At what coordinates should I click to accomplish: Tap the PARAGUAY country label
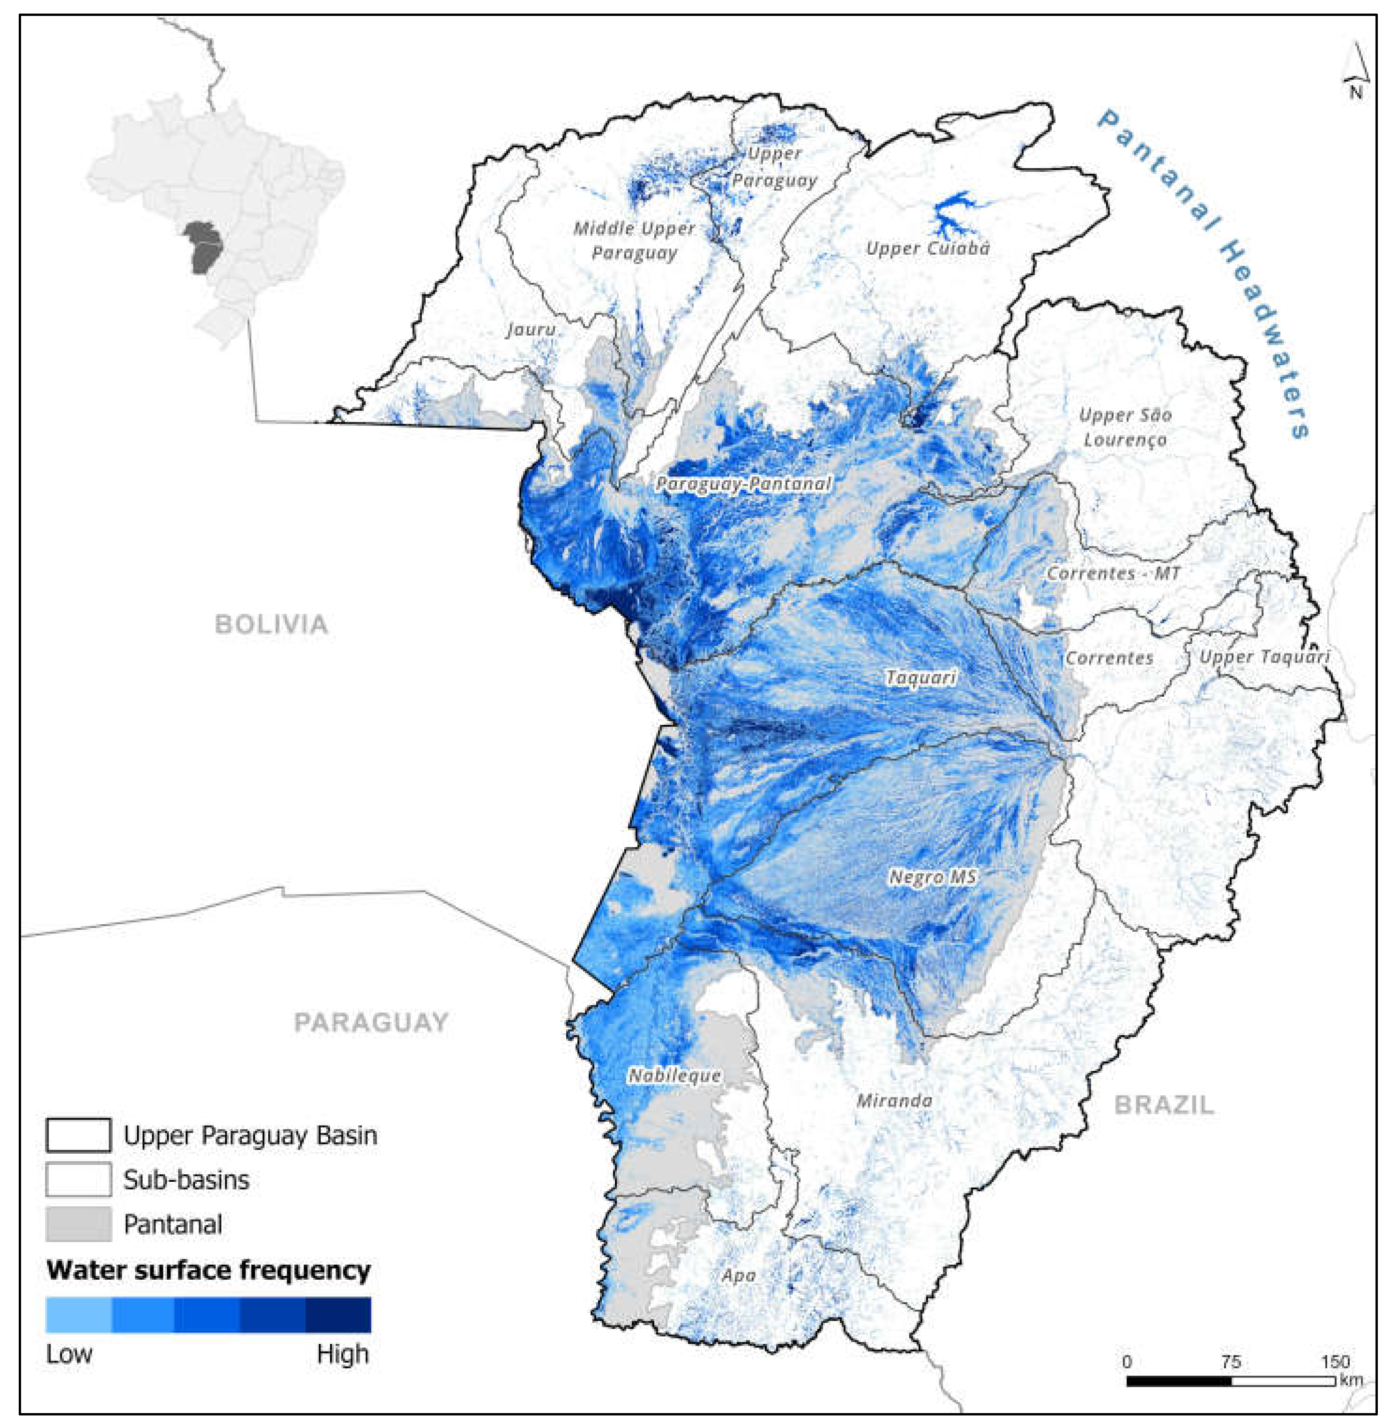[371, 1023]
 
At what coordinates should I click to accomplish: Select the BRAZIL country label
[1164, 1105]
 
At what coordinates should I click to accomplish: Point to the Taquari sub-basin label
[921, 678]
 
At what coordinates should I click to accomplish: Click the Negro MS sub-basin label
[932, 877]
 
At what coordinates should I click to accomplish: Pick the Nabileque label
[674, 1075]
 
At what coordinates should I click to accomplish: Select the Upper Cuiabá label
[928, 248]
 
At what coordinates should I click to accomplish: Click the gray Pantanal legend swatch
[78, 1224]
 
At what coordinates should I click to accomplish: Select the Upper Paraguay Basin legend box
[78, 1135]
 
